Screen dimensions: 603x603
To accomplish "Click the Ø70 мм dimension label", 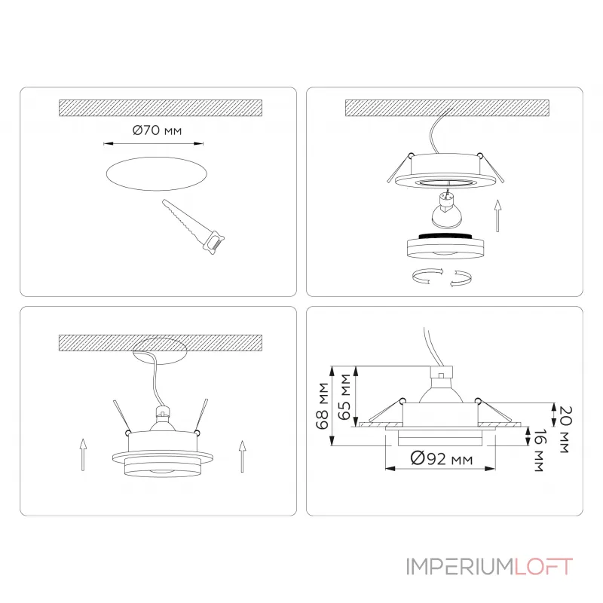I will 157,130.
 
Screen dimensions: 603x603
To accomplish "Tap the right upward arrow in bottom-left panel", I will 241,456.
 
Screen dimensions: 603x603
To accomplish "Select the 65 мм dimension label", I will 345,396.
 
